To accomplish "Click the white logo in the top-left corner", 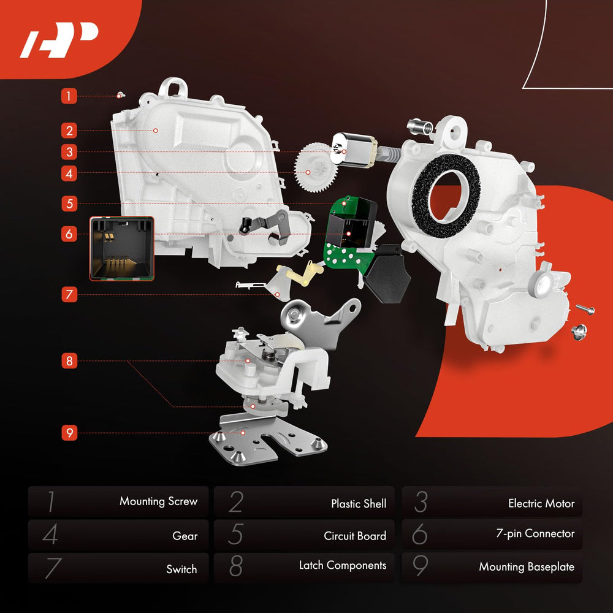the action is click(59, 39).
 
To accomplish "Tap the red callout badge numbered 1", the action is click(69, 96).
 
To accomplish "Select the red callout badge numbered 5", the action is click(69, 204).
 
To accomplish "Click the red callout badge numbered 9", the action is click(69, 433).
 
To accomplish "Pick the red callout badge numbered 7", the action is click(69, 294).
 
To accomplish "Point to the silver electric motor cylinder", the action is click(354, 150).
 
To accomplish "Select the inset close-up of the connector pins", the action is click(122, 249).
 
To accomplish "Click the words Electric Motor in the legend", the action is click(541, 503).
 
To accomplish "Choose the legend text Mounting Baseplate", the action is click(527, 566).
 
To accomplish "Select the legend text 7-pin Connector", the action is click(535, 534).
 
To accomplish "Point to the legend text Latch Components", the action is click(343, 565).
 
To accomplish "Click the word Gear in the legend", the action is click(185, 536).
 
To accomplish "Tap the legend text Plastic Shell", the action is click(359, 503).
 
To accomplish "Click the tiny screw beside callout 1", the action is click(121, 95).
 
